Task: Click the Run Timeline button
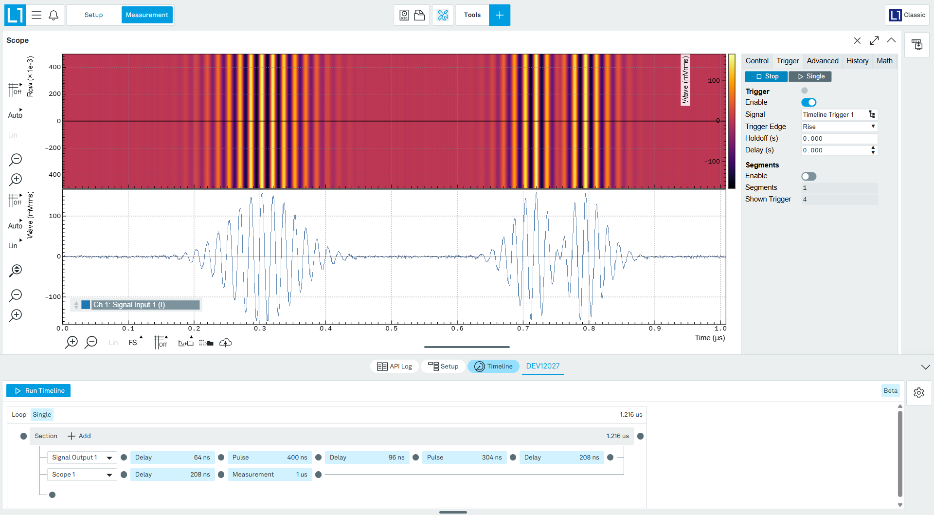tap(38, 390)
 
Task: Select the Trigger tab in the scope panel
tap(788, 61)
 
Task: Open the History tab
tap(857, 61)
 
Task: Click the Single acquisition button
tap(810, 76)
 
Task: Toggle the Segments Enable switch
tap(808, 176)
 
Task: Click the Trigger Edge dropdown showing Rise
tap(839, 127)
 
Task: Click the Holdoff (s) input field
tap(839, 139)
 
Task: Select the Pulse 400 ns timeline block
tap(269, 458)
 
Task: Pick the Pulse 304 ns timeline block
tap(464, 458)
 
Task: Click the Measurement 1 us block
tap(269, 475)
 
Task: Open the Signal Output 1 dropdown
tap(82, 458)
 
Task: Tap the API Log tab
tap(395, 367)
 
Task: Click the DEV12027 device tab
tap(543, 367)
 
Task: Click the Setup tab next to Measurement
tap(93, 15)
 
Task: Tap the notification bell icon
tap(54, 15)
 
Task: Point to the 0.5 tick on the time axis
tap(392, 328)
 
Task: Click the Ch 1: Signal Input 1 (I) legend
tap(136, 305)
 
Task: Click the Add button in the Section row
tap(79, 436)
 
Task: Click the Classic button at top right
tap(907, 15)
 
